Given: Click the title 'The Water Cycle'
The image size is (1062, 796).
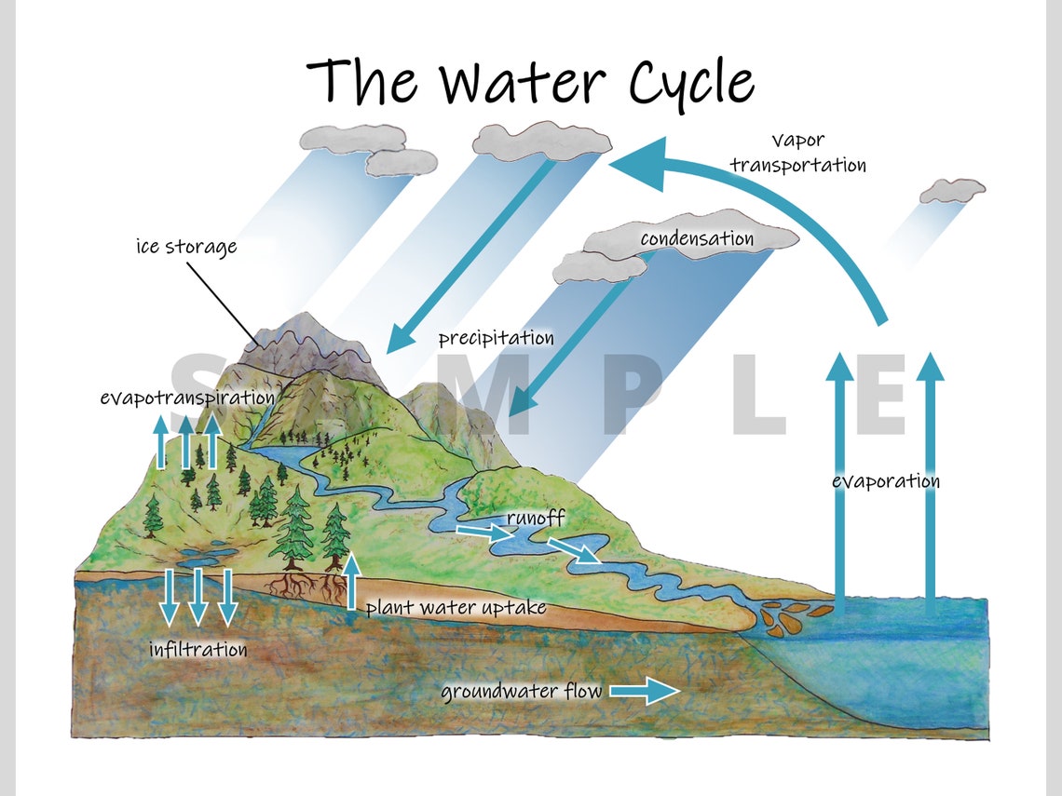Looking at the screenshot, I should pos(530,82).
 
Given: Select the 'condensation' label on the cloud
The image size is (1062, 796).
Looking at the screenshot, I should pos(696,238).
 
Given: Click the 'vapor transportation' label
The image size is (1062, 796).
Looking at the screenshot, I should pos(797,154).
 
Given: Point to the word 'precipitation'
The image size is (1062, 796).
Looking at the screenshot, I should pos(496,338).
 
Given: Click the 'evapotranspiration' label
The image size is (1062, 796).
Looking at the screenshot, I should pos(186,398).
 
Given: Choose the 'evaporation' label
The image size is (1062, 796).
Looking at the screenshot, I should pos(885,481).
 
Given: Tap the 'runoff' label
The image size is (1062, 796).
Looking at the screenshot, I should pos(536,517).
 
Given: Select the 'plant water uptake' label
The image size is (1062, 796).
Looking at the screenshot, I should pos(455,608).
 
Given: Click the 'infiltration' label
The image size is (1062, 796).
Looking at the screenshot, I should pos(198,649).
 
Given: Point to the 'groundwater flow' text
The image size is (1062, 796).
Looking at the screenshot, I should pos(521,692).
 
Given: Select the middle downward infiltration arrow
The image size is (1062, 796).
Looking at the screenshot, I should pos(197,597).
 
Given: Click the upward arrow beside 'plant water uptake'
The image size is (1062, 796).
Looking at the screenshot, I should pos(351,579).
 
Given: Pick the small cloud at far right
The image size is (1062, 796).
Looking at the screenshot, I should pos(951,192).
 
